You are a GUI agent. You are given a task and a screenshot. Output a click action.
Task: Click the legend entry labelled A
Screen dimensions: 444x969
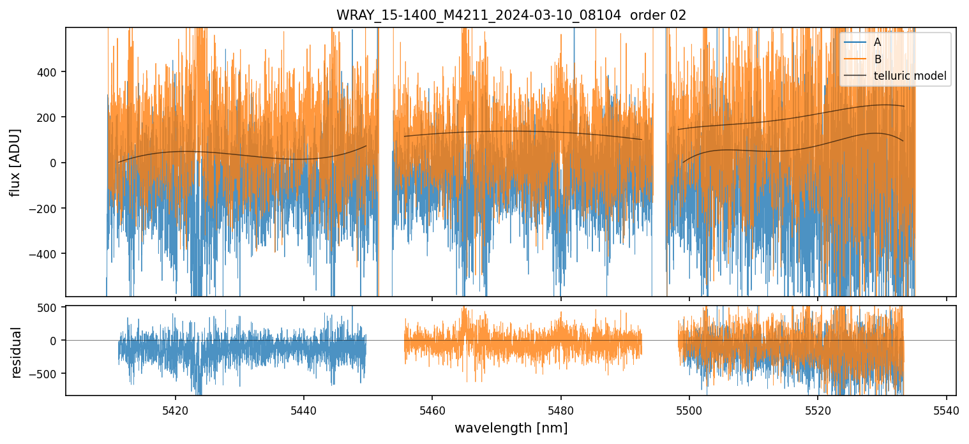(878, 42)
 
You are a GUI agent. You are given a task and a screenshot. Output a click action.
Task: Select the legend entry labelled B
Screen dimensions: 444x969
(878, 59)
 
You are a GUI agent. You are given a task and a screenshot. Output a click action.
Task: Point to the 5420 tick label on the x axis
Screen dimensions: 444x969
(176, 409)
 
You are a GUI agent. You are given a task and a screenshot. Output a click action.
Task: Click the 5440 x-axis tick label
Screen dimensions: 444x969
(304, 409)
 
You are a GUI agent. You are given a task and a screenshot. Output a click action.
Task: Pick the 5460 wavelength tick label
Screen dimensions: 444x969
(432, 409)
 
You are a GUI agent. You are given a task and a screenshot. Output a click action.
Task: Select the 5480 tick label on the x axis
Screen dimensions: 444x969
(560, 409)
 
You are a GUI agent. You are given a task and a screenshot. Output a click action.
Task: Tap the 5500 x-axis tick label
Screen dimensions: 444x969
(689, 409)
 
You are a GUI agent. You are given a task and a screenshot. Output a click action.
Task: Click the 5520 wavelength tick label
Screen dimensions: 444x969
(818, 409)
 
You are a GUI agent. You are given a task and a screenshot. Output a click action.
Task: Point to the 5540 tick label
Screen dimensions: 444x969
(946, 409)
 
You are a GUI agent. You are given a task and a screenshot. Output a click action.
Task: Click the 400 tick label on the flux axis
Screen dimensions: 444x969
(48, 71)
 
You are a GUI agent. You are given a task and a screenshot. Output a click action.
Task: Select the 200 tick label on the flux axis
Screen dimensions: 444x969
(48, 117)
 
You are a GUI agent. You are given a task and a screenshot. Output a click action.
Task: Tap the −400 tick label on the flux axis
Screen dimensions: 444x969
(45, 254)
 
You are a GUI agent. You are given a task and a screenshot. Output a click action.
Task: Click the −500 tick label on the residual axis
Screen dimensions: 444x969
(45, 374)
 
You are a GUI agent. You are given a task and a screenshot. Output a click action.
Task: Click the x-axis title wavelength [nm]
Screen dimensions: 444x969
(511, 428)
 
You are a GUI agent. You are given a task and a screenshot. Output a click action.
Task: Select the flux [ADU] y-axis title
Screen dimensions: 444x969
(15, 162)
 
